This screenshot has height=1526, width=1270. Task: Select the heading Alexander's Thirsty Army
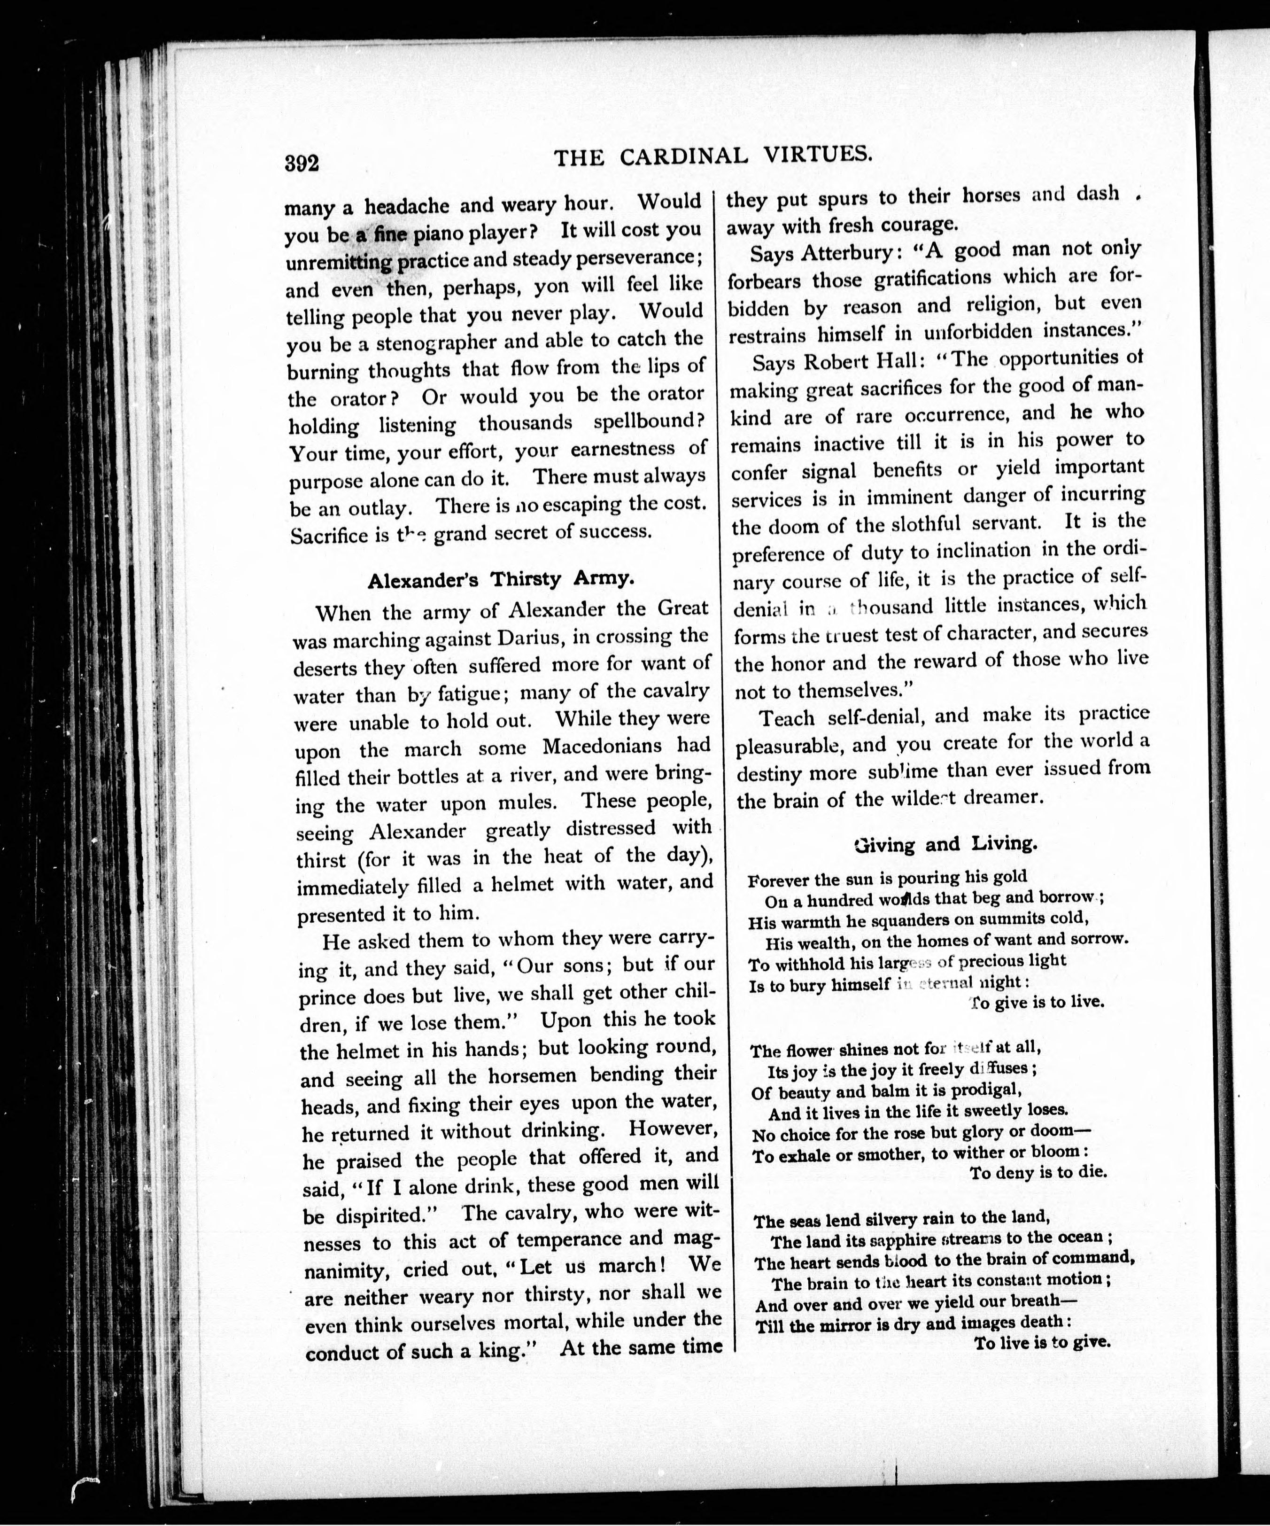pos(501,580)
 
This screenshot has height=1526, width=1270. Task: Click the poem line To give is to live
pos(1037,1002)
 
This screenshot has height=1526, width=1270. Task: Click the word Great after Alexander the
pos(682,608)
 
